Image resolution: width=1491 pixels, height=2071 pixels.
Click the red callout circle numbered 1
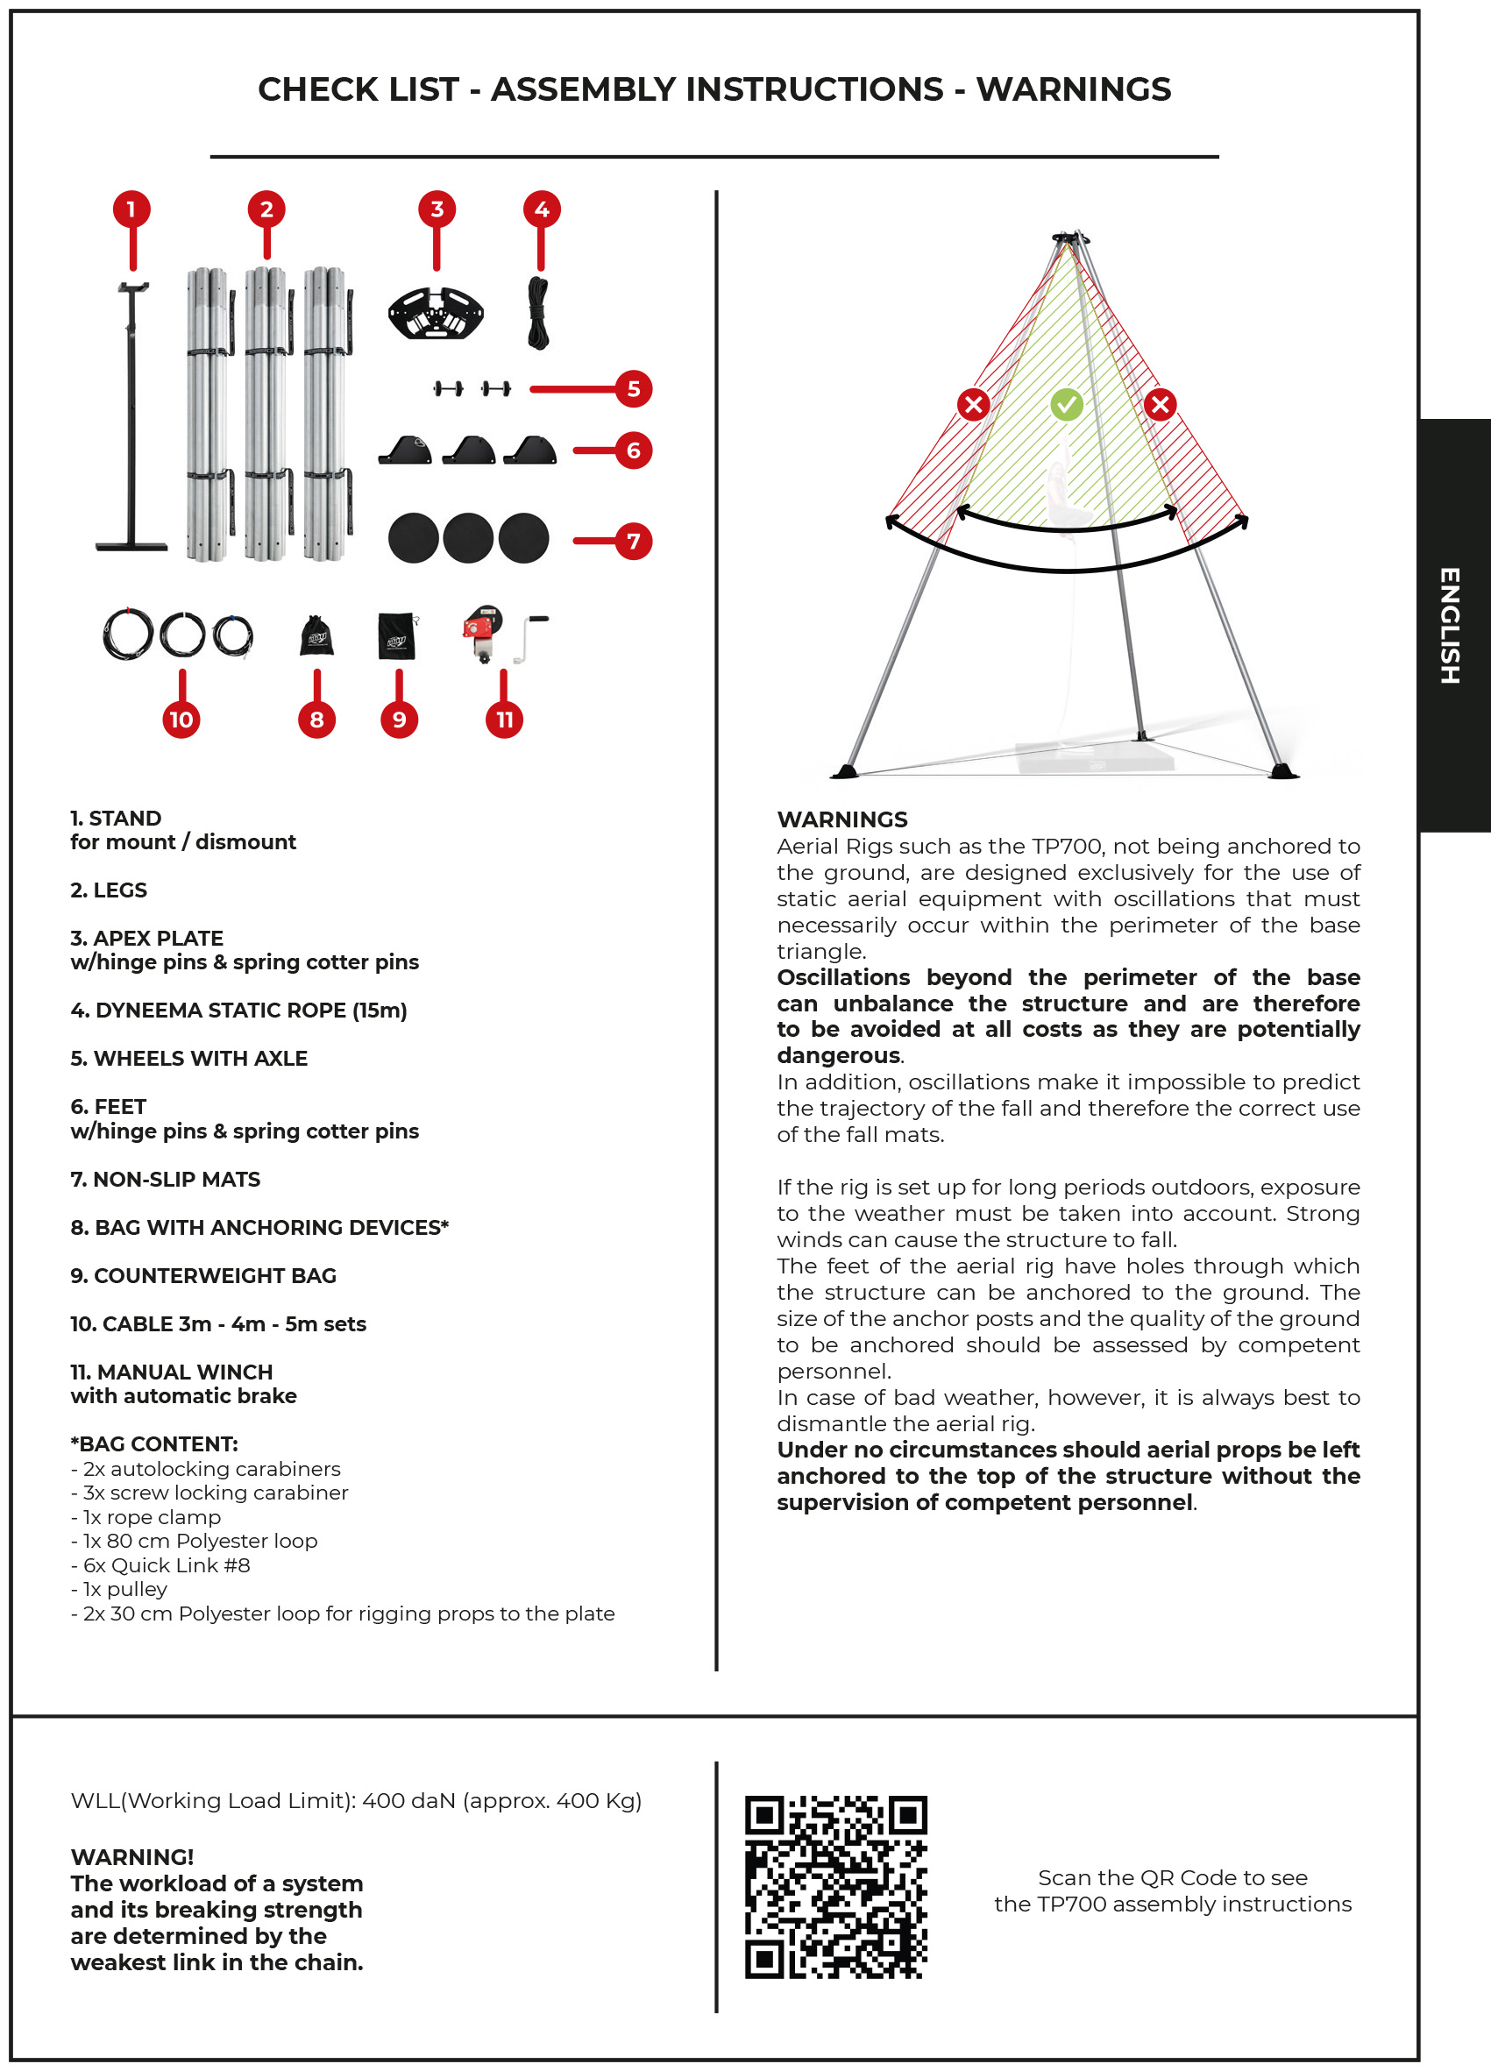(131, 209)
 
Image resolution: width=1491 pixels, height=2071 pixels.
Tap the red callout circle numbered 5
(633, 389)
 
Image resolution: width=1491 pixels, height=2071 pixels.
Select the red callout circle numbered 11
(504, 720)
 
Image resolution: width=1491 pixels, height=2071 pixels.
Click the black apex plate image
(436, 313)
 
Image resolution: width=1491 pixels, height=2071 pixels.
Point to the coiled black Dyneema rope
(539, 313)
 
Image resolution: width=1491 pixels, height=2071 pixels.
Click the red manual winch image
(484, 631)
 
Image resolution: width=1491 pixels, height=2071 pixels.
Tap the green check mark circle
(1066, 404)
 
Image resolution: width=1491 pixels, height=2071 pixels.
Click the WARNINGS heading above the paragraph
(841, 819)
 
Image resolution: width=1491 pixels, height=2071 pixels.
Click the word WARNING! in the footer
(132, 1856)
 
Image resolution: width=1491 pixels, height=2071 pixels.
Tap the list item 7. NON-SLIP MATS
(166, 1179)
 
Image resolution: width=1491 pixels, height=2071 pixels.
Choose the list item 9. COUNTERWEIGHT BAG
(203, 1276)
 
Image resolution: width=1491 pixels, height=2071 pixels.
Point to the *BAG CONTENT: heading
(154, 1443)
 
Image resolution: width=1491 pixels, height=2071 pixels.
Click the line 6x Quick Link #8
(160, 1565)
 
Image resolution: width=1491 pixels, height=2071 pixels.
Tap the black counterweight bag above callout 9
(397, 635)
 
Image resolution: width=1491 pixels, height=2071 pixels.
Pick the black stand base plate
(132, 546)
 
